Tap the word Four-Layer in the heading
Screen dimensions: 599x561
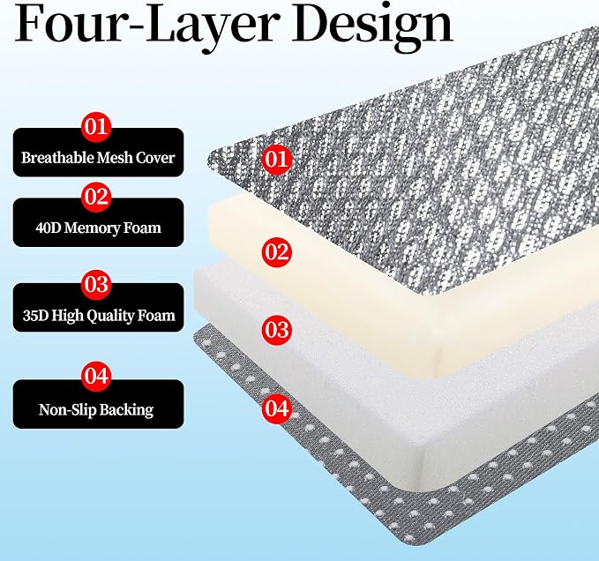click(x=145, y=23)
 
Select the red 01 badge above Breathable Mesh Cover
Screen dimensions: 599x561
click(x=96, y=127)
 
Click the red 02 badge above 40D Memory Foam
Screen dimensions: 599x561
click(x=96, y=197)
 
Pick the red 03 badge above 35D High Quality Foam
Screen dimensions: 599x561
click(x=96, y=285)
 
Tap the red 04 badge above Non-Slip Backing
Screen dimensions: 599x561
click(x=96, y=376)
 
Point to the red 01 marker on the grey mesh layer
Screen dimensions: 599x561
click(x=277, y=160)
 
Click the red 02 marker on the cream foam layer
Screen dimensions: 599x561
click(x=277, y=252)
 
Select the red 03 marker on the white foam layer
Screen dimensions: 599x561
click(x=277, y=330)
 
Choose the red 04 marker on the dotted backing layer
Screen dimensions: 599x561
click(x=277, y=408)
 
